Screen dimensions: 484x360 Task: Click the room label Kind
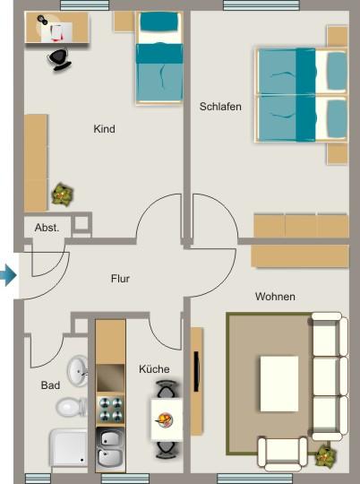(x=104, y=129)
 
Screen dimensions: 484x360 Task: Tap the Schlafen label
(x=220, y=107)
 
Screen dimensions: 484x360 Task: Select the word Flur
(x=120, y=279)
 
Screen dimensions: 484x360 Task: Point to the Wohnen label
(x=275, y=297)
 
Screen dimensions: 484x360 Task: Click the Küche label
(x=154, y=368)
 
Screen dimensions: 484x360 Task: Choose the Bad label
(x=50, y=385)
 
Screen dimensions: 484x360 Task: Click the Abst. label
(x=47, y=228)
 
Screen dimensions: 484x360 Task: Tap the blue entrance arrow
(x=7, y=275)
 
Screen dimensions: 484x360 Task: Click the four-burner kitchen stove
(x=111, y=410)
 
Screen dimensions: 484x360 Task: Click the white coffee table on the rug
(x=279, y=383)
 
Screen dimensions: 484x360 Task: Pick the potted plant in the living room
(x=323, y=454)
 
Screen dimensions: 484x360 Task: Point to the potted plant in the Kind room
(x=63, y=191)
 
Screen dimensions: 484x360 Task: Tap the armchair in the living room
(x=282, y=452)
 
